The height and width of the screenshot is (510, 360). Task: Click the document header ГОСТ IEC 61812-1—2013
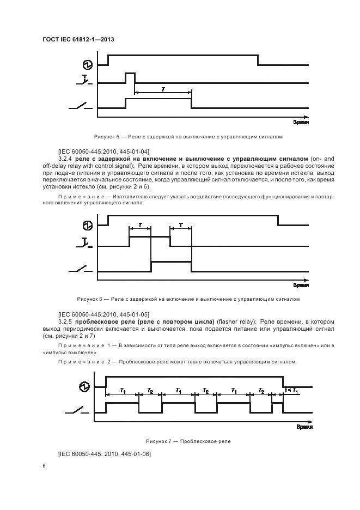(78, 40)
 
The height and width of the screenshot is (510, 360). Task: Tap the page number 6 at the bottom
(44, 466)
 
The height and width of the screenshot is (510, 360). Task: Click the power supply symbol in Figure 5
(86, 64)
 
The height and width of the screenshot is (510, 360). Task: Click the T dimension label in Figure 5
(163, 88)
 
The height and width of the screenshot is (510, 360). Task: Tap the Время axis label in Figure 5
(301, 124)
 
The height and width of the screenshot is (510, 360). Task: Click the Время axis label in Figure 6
(301, 284)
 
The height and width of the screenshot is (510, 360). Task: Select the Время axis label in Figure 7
(303, 428)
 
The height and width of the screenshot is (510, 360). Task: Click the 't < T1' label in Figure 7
(291, 391)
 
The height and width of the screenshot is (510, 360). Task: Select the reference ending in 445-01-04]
(103, 150)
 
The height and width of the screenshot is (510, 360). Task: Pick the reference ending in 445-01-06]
(104, 454)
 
